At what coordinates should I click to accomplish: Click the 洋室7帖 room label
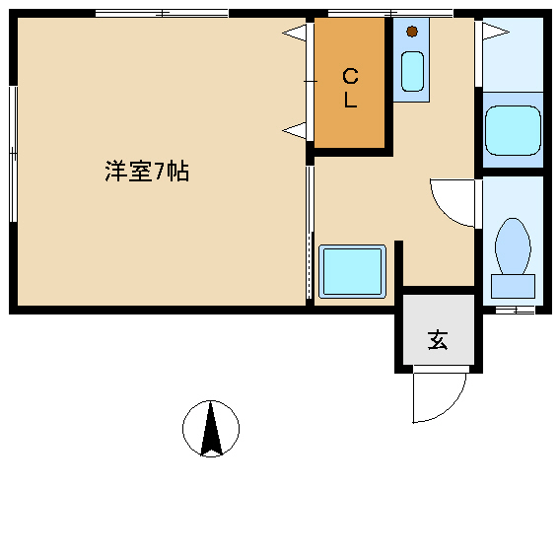[x=147, y=172]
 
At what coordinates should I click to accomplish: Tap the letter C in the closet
[x=349, y=77]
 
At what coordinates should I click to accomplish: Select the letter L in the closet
[x=349, y=100]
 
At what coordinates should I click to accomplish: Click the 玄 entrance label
[x=437, y=341]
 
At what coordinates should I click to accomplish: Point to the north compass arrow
[x=211, y=430]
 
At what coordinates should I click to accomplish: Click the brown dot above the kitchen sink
[x=411, y=31]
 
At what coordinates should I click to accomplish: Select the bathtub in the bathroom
[x=513, y=129]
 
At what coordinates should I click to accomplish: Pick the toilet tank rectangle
[x=513, y=286]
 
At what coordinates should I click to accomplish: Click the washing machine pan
[x=352, y=271]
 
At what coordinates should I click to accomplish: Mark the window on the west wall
[x=13, y=153]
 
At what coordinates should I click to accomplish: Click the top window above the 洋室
[x=162, y=13]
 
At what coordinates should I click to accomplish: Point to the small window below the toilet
[x=515, y=310]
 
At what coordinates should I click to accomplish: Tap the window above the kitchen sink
[x=389, y=13]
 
